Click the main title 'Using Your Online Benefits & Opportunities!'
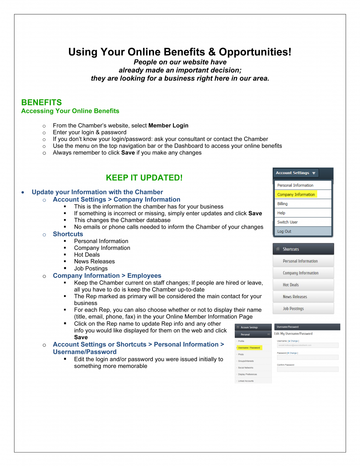180,52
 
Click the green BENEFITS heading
42,103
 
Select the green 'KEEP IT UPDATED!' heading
144,178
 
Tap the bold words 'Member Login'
168,126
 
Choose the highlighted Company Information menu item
296,194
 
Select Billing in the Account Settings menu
282,204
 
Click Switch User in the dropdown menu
287,222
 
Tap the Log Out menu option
284,231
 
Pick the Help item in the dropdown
281,213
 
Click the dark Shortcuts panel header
303,249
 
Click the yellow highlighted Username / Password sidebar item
249,348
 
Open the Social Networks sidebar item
246,368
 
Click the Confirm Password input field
308,369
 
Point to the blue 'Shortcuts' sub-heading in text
68,234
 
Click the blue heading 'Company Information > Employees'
107,276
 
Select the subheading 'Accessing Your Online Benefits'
70,111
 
